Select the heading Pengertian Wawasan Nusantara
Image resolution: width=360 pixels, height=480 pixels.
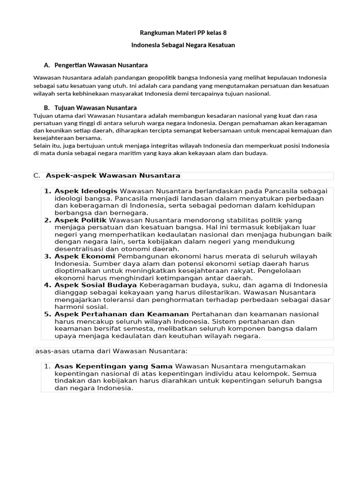pos(101,65)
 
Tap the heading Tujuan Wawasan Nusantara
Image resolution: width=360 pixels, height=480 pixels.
pos(96,108)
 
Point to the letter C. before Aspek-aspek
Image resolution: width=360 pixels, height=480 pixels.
pos(37,176)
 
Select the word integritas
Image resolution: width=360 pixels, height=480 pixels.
pos(164,146)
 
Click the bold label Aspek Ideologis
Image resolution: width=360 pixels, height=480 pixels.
pos(86,191)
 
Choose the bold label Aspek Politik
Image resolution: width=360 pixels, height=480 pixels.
pos(81,220)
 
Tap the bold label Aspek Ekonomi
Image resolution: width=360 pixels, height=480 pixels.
pos(85,256)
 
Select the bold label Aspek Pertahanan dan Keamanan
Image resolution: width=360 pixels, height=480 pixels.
pos(122,314)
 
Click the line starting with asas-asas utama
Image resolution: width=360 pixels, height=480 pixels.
pos(112,351)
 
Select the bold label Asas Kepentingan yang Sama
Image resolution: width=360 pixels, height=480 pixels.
pos(114,366)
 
